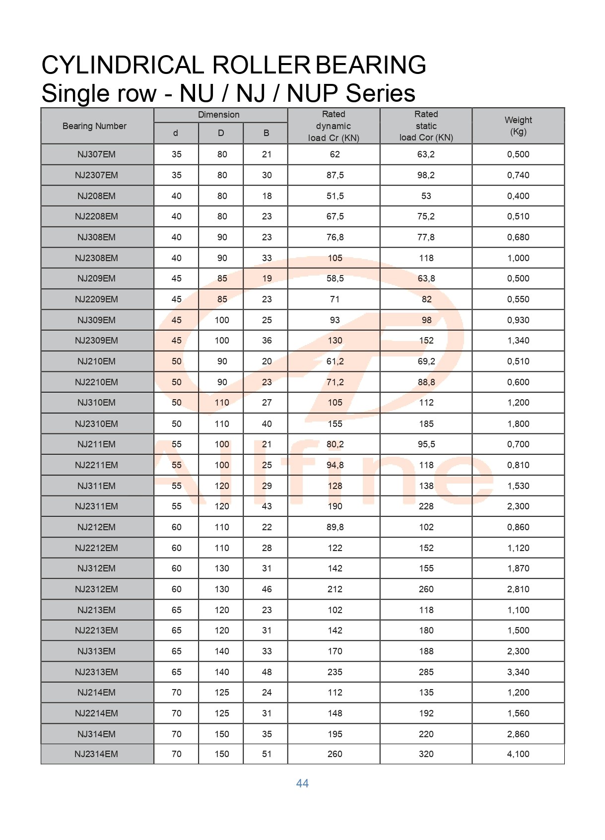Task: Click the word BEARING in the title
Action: click(371, 65)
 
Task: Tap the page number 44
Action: click(302, 783)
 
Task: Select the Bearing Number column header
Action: click(94, 126)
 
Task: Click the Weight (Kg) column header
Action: click(518, 126)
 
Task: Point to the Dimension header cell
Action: click(218, 115)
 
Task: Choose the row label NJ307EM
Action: click(96, 154)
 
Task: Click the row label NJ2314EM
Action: click(96, 754)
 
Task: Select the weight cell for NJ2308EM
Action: click(518, 258)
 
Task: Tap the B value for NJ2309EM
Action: click(267, 341)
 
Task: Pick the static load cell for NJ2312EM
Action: click(426, 589)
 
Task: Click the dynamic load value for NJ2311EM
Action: click(335, 506)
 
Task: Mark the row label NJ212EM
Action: click(96, 527)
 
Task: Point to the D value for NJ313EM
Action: click(221, 651)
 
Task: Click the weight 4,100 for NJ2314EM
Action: click(518, 754)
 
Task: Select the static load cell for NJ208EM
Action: click(426, 196)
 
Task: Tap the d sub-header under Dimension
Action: click(176, 133)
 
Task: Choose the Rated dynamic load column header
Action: click(334, 126)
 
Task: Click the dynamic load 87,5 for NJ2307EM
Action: click(335, 175)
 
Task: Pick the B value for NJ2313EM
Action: click(267, 672)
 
